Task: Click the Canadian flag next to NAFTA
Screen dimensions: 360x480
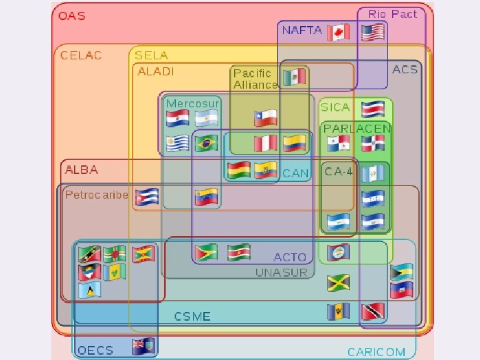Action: [x=339, y=32]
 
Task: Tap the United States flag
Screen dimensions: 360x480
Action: [x=373, y=32]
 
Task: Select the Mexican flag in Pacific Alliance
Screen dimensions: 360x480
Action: [x=294, y=77]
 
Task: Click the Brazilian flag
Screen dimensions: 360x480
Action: [x=206, y=143]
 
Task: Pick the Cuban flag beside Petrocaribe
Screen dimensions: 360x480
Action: [x=147, y=196]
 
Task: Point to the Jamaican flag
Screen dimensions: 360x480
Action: [x=339, y=283]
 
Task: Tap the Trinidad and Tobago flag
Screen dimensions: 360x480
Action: [x=373, y=311]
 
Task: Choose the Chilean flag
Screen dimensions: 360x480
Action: [x=265, y=118]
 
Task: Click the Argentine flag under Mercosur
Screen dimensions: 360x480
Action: [x=207, y=119]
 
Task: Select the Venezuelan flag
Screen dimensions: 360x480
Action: [x=207, y=197]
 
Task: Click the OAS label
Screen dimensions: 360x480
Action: [x=72, y=15]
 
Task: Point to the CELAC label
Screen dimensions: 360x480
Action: [x=81, y=55]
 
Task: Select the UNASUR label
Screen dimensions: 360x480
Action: [x=281, y=272]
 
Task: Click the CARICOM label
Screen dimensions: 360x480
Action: [x=376, y=351]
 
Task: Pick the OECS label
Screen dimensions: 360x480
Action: [x=95, y=349]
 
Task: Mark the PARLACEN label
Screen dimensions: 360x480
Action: [x=357, y=128]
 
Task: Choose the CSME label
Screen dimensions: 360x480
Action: [x=192, y=316]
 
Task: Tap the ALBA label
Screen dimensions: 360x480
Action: [x=81, y=169]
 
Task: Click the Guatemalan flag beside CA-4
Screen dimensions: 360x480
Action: [x=373, y=173]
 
